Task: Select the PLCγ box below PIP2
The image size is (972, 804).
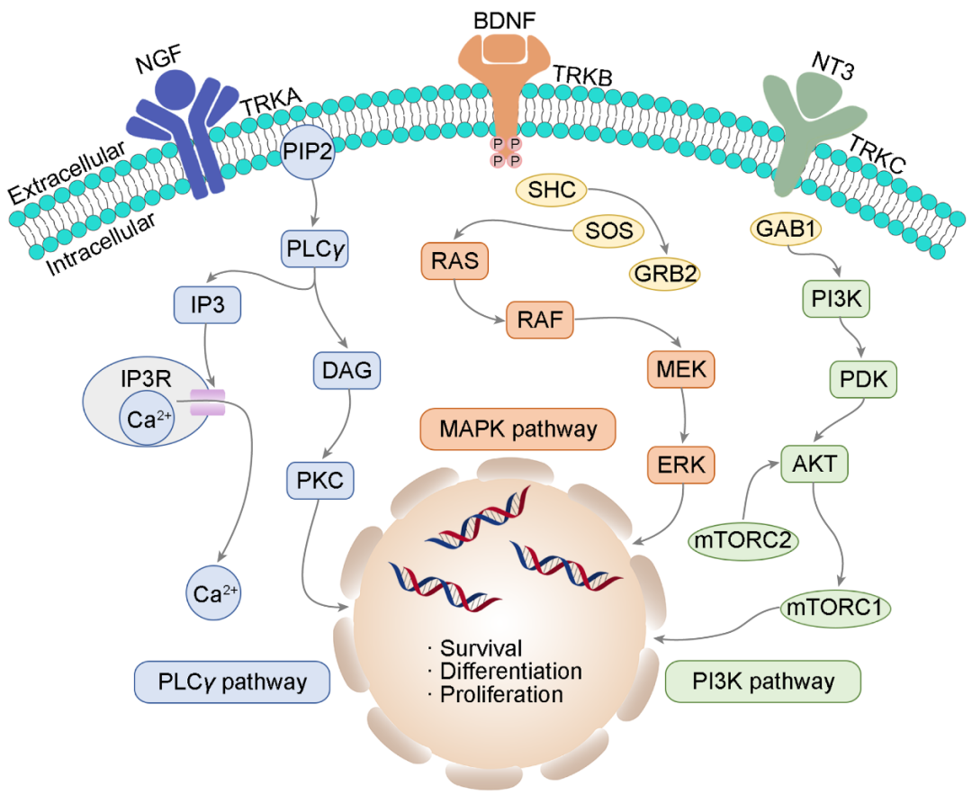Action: pos(314,247)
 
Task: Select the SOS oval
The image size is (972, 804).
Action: pos(609,231)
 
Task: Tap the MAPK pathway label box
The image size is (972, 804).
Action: pos(517,429)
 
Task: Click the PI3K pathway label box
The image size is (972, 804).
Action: pos(763,681)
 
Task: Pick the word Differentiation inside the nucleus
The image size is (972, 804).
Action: pos(510,672)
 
